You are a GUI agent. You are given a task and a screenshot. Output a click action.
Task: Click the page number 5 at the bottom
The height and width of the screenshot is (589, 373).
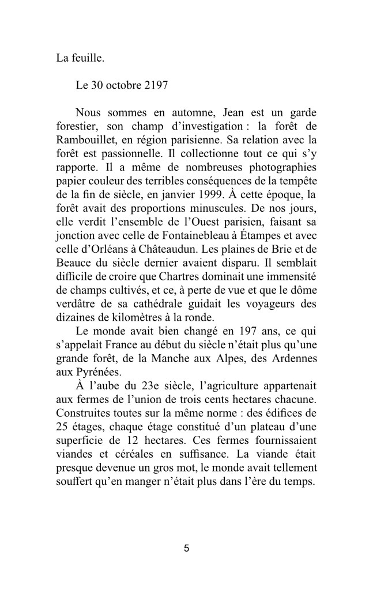tap(186, 548)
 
